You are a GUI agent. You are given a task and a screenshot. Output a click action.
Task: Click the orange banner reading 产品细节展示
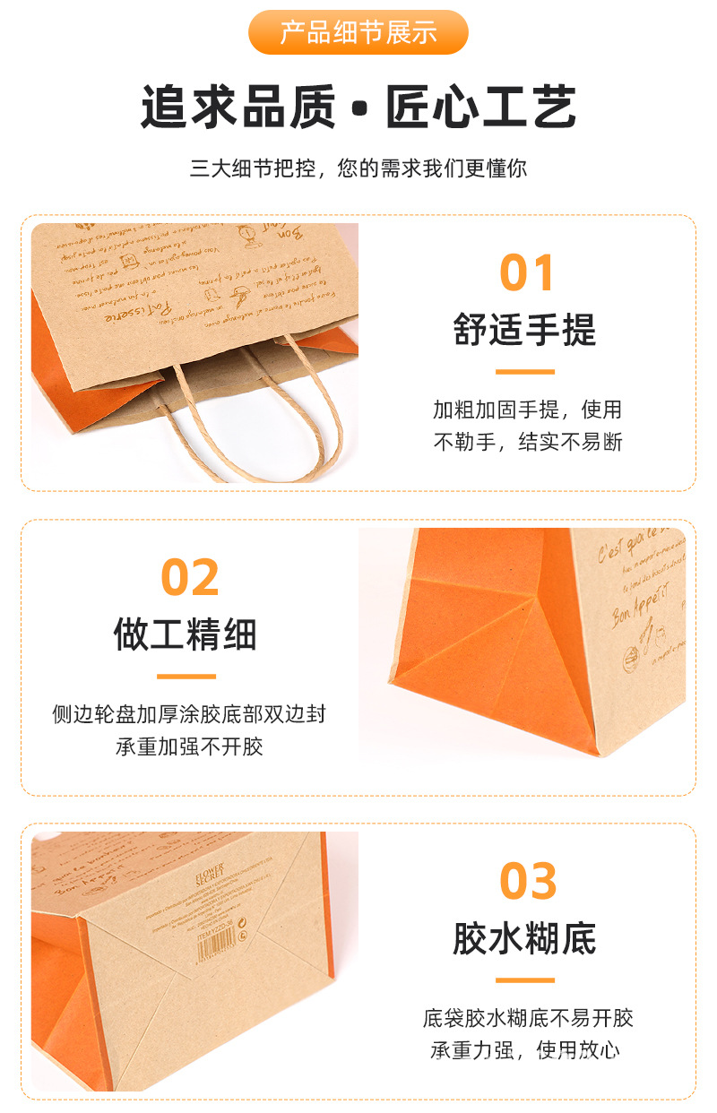(x=358, y=33)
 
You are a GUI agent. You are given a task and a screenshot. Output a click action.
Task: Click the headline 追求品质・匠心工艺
(x=358, y=108)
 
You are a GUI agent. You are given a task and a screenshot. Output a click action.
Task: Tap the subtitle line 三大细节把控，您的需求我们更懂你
(x=358, y=168)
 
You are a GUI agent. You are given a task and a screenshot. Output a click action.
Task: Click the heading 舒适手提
(x=524, y=331)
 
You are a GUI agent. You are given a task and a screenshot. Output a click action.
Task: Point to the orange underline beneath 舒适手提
(x=524, y=371)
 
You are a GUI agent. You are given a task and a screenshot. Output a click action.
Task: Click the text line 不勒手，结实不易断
(x=527, y=442)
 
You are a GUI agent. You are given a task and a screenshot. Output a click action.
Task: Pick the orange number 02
(x=190, y=577)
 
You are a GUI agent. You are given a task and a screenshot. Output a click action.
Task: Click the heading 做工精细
(x=186, y=634)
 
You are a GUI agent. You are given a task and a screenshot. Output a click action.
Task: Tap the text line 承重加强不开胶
(x=189, y=746)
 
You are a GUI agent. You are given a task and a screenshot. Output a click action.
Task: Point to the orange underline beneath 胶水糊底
(x=524, y=980)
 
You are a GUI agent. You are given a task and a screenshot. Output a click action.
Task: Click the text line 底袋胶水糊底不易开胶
(x=528, y=1018)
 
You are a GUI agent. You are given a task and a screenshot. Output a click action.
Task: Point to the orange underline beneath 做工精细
(x=186, y=676)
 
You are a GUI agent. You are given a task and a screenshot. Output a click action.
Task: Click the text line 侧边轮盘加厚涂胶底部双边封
(x=189, y=714)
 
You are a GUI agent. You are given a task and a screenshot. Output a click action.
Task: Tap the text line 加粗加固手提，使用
(x=527, y=410)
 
